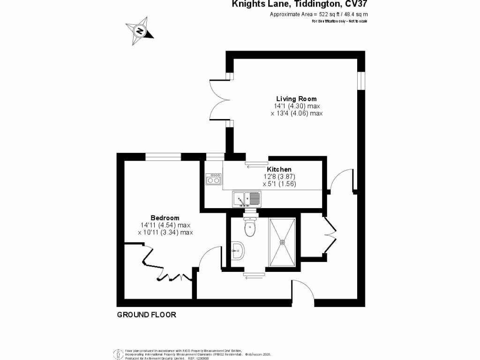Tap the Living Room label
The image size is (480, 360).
(x=296, y=99)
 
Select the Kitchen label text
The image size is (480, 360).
(x=279, y=169)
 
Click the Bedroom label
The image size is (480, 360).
(x=165, y=218)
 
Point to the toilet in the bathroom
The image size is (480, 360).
(x=250, y=228)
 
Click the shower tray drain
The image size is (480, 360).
(x=282, y=242)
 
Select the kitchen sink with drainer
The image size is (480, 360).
(x=247, y=199)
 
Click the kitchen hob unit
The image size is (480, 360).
(x=214, y=179)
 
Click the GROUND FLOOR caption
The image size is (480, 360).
(x=146, y=315)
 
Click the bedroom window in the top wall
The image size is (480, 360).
(x=163, y=157)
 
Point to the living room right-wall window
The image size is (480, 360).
(x=360, y=80)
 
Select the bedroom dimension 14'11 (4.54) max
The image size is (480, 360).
(x=165, y=225)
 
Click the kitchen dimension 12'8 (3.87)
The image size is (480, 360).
(x=279, y=177)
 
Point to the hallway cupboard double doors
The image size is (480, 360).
(x=330, y=235)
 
